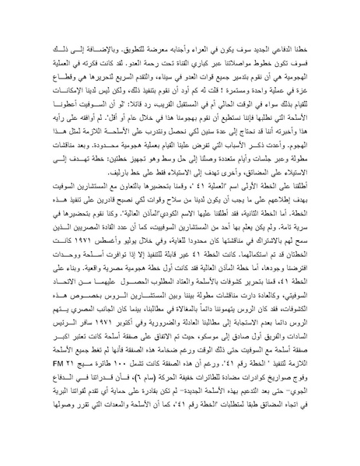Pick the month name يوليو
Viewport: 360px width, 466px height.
(x=144, y=275)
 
